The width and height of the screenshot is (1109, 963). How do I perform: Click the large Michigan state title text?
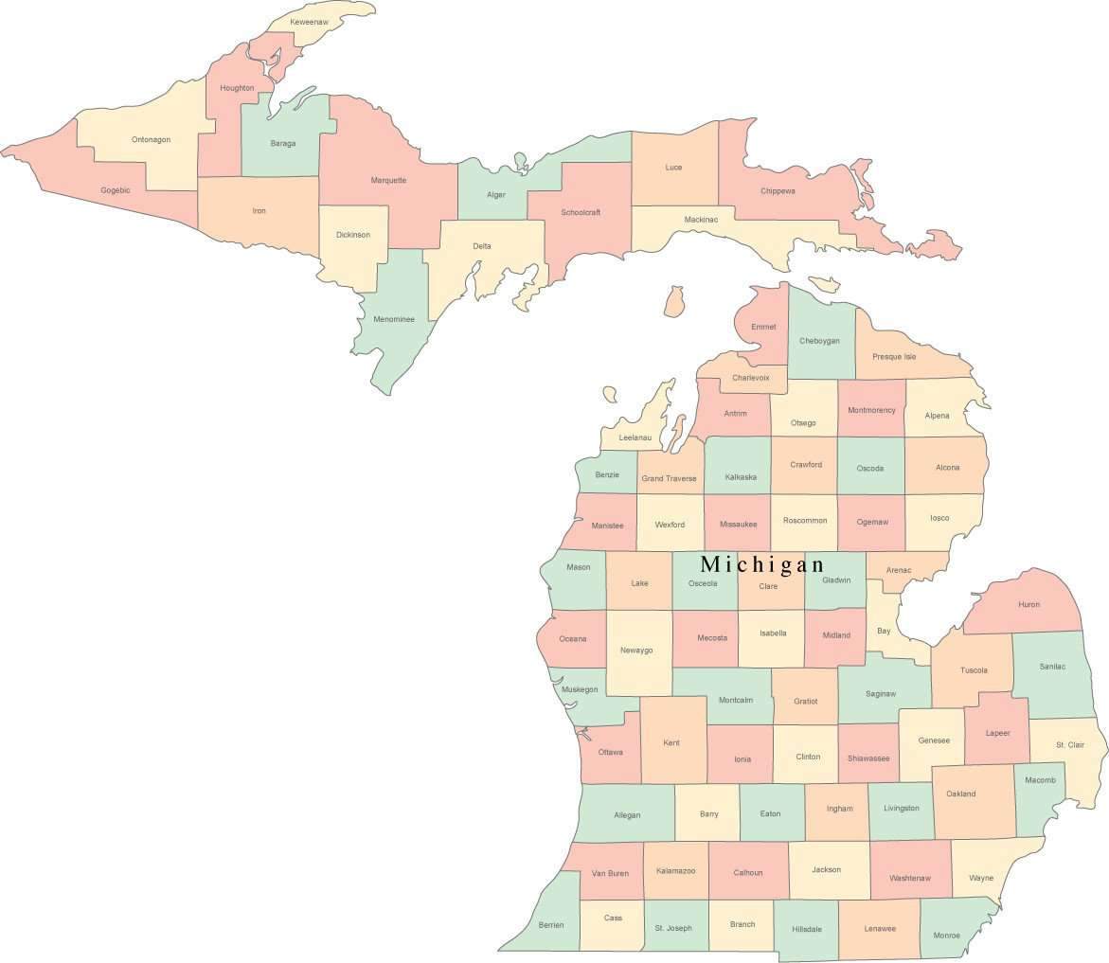point(762,564)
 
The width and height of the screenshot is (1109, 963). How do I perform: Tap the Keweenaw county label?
point(309,21)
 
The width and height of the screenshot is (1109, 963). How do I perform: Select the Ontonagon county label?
point(152,139)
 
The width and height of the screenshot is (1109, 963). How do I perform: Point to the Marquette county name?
point(388,180)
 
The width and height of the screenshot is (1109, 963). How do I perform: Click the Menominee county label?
point(394,319)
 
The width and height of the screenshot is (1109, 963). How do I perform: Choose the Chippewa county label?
point(778,190)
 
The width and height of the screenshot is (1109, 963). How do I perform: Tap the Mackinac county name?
point(701,220)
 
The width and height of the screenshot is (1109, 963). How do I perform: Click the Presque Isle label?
point(894,357)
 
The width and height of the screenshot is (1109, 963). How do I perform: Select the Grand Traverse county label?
point(669,478)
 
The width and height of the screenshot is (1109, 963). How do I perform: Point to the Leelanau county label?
point(635,437)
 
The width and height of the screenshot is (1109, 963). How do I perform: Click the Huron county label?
point(1029,604)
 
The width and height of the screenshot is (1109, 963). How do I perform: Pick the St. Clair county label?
point(1070,745)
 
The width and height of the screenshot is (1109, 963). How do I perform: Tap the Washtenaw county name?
point(909,878)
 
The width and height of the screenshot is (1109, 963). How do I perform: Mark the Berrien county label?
point(551,924)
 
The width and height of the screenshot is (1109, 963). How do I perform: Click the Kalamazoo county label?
point(675,871)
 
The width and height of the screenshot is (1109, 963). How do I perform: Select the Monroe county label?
point(946,936)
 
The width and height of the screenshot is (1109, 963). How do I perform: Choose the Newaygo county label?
point(636,651)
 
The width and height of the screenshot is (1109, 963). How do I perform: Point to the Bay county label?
point(884,631)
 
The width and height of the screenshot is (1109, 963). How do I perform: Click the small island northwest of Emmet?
point(674,302)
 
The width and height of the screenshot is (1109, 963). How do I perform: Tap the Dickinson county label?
point(353,235)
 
